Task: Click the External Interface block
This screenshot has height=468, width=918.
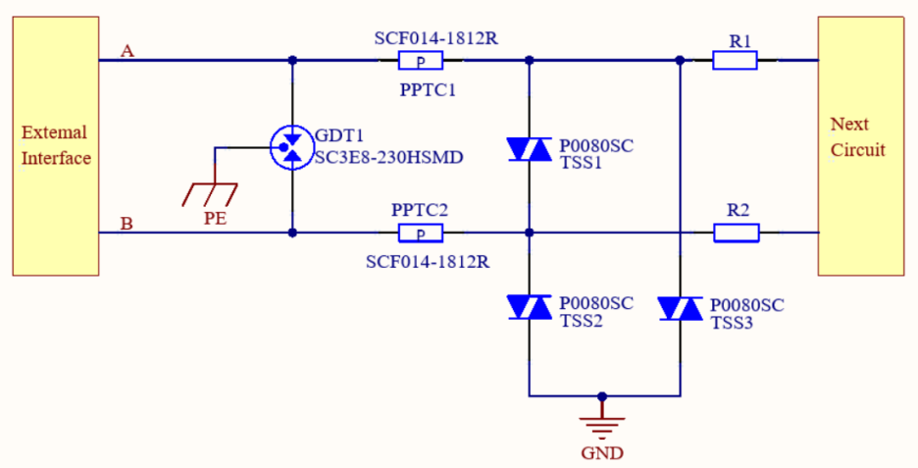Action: click(x=56, y=145)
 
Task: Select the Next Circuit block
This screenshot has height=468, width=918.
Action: click(x=860, y=145)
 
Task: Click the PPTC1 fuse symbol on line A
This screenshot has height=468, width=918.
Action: click(x=421, y=61)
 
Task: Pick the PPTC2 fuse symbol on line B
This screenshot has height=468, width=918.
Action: click(x=421, y=234)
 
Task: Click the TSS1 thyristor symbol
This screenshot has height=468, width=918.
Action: click(x=529, y=149)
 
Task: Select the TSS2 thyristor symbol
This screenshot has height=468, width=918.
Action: click(x=529, y=307)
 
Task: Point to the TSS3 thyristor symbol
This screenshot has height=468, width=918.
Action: click(x=680, y=308)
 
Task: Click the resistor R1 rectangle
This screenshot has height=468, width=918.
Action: click(x=735, y=61)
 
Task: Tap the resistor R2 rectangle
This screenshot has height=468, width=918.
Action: click(x=735, y=234)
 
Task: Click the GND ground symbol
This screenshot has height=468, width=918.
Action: click(x=601, y=425)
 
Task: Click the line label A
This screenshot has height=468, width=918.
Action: click(x=127, y=50)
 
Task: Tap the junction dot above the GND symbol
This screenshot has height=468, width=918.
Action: click(x=602, y=396)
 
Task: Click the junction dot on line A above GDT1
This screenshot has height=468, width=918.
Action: click(x=291, y=61)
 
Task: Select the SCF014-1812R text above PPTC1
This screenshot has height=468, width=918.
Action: click(x=434, y=38)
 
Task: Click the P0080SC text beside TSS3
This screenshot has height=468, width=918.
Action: click(x=747, y=305)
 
